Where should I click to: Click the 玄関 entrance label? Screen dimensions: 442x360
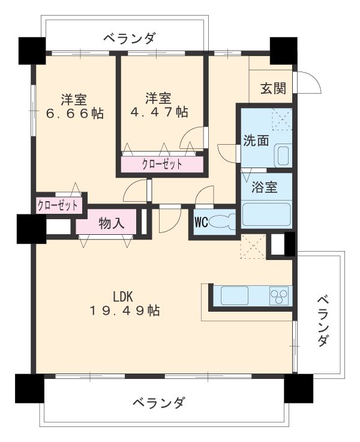(x=272, y=88)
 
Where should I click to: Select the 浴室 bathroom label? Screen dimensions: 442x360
(x=265, y=187)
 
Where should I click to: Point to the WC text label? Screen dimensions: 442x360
(x=200, y=222)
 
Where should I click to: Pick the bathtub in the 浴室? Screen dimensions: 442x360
(x=266, y=214)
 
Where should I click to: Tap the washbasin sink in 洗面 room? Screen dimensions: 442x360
(x=282, y=156)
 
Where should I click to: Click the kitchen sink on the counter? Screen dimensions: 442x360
(x=239, y=295)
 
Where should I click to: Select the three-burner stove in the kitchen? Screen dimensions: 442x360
(x=278, y=295)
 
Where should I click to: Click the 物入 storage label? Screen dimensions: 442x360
(x=111, y=223)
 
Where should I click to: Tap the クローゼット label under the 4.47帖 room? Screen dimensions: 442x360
(x=162, y=164)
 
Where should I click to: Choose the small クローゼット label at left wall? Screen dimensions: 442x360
(x=58, y=205)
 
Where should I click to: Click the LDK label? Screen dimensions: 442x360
(x=123, y=295)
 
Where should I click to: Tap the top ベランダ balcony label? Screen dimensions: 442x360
(x=128, y=38)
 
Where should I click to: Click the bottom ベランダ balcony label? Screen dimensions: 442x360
(x=158, y=402)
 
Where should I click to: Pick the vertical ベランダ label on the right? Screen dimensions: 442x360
(x=322, y=320)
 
